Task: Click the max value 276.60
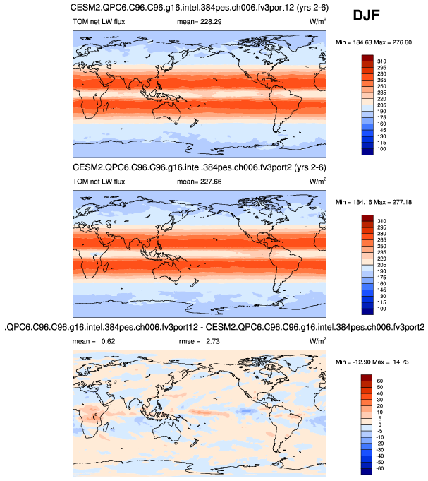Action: (x=408, y=43)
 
